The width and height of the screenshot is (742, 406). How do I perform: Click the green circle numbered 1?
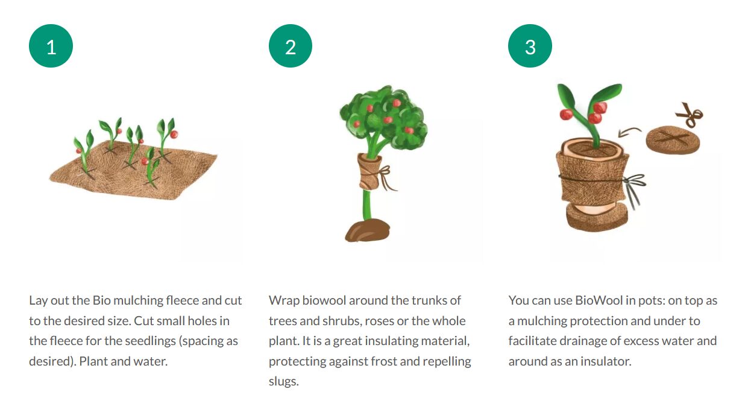click(51, 46)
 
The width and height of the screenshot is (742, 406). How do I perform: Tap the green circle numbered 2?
click(290, 46)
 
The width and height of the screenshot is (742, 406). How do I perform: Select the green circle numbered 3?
click(530, 46)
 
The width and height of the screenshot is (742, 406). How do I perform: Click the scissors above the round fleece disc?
click(690, 115)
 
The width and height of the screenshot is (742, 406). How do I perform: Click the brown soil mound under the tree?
click(367, 230)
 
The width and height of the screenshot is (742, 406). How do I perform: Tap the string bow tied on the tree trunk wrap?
click(385, 177)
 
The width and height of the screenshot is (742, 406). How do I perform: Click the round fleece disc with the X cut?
click(673, 140)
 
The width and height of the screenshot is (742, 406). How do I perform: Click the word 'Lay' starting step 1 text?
click(38, 301)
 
